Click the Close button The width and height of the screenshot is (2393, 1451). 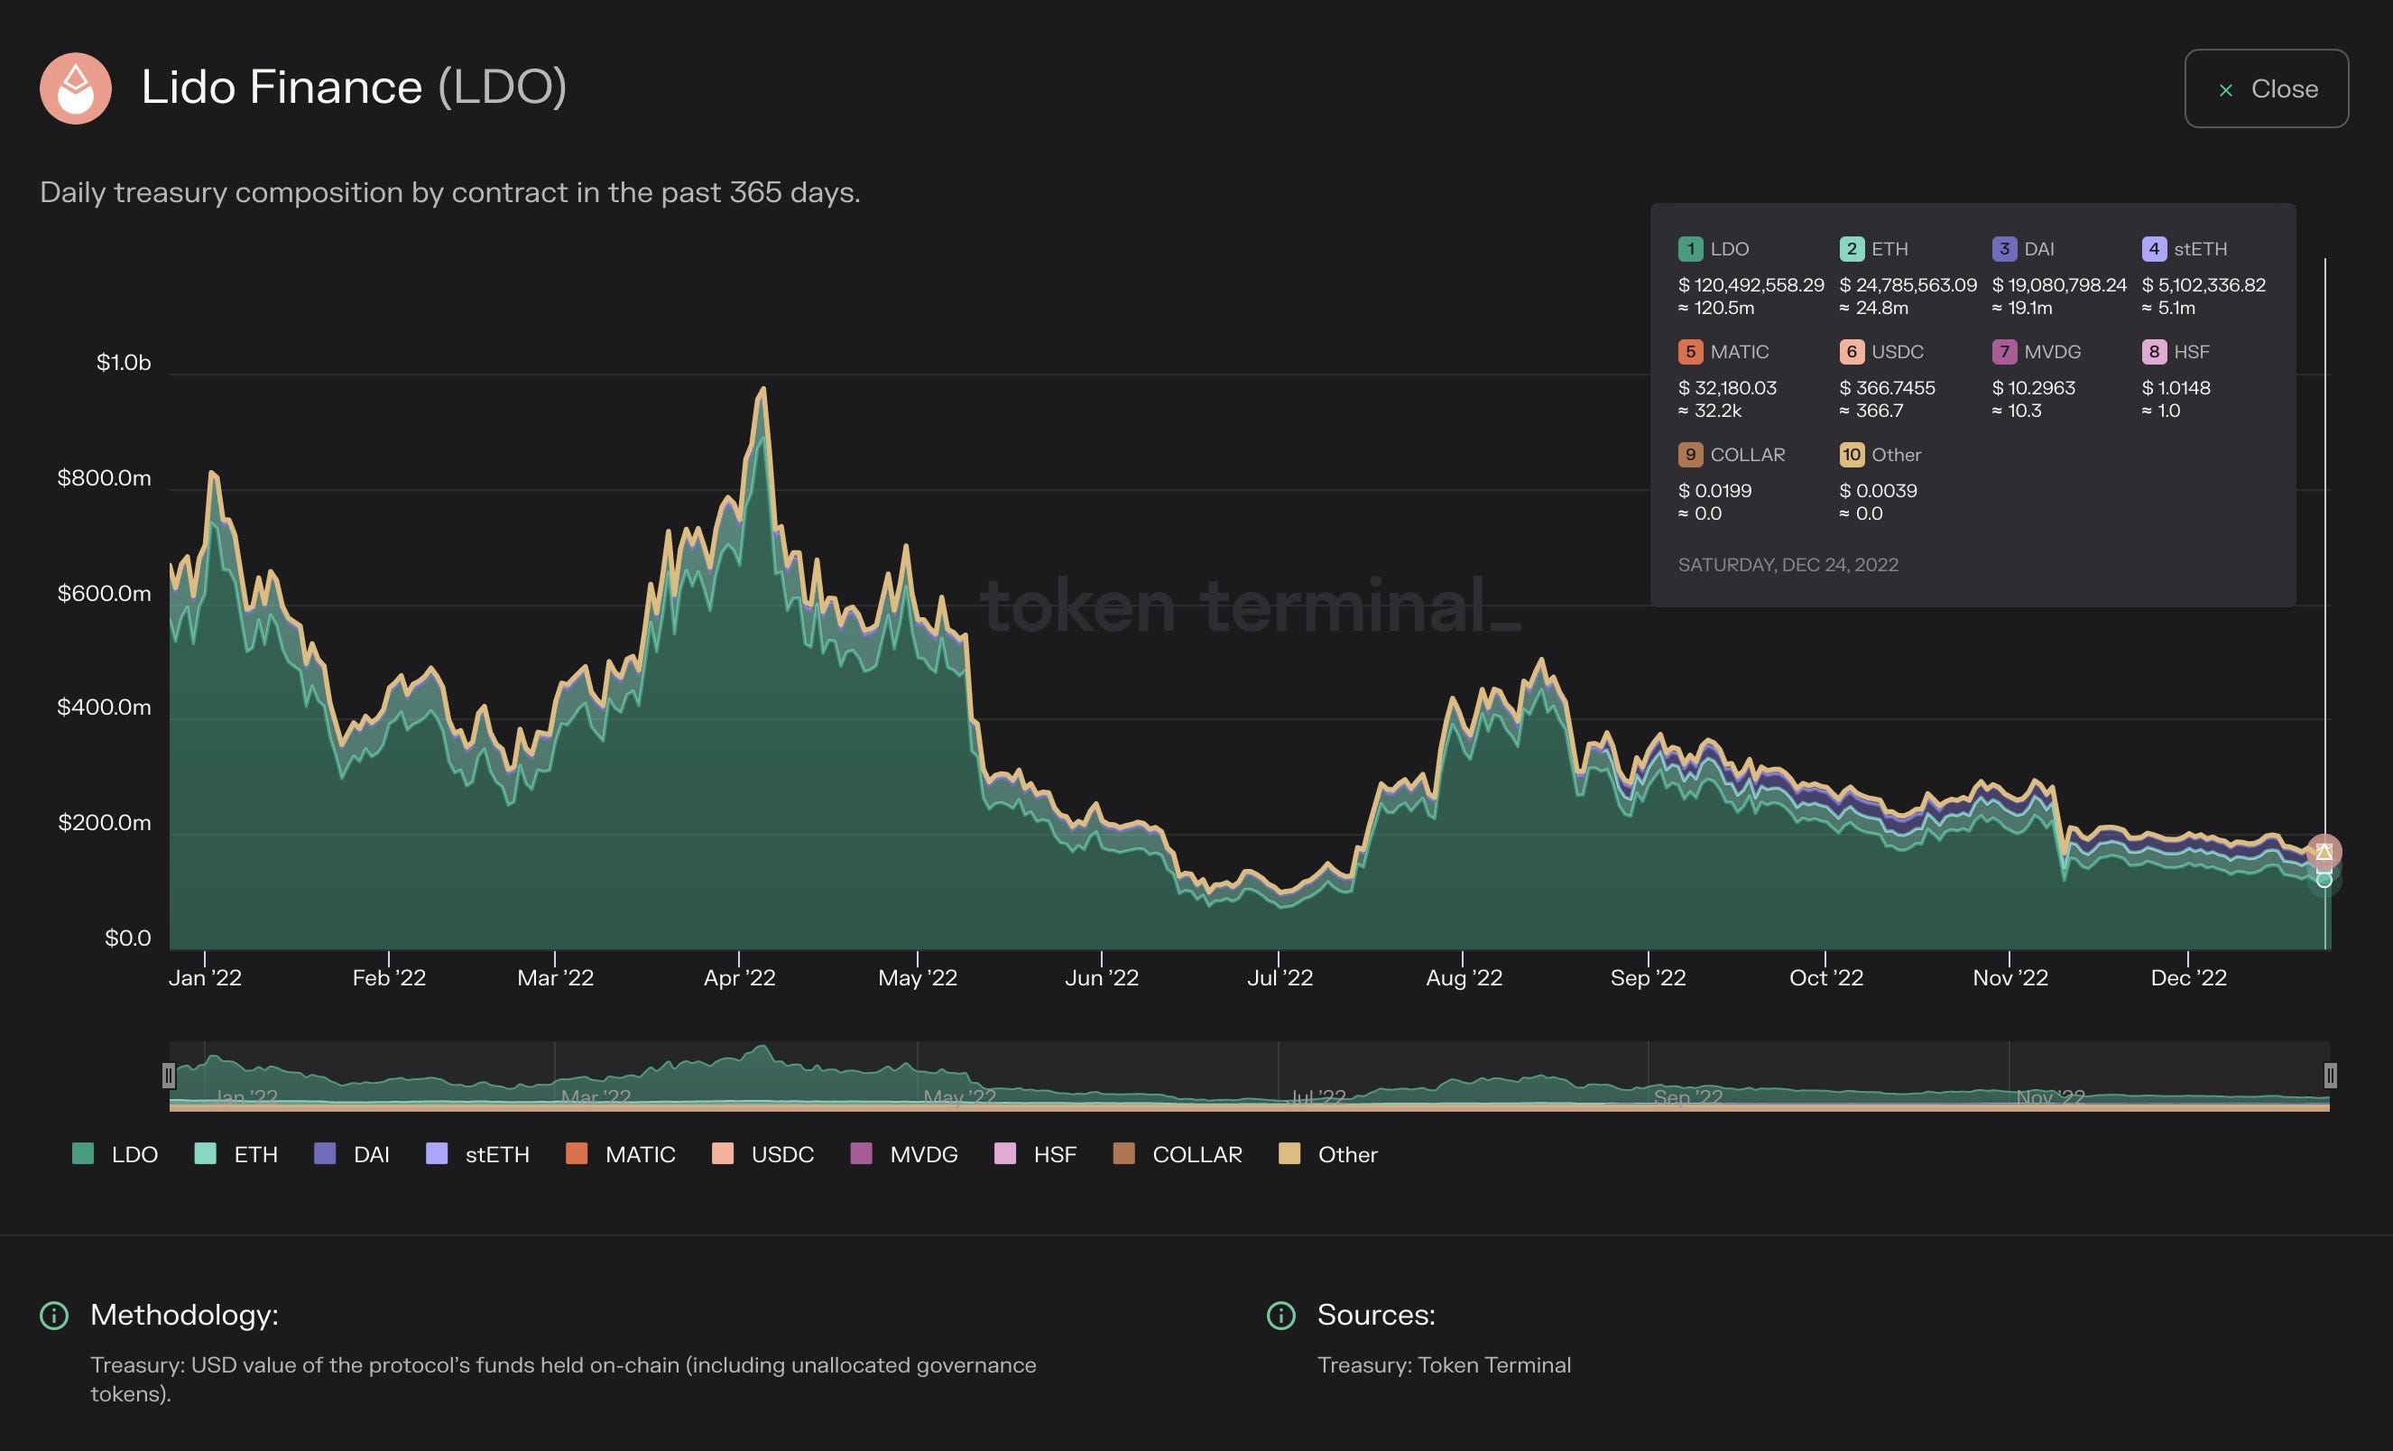2266,88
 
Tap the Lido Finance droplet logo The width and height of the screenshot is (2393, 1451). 76,88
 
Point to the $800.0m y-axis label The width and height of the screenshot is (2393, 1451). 104,478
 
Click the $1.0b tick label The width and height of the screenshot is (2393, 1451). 124,362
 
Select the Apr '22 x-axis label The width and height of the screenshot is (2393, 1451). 739,977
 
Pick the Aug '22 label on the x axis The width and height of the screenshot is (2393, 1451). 1464,977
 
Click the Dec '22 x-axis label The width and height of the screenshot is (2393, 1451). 2188,977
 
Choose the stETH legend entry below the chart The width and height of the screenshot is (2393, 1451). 479,1154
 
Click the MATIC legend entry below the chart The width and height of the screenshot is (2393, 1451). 622,1154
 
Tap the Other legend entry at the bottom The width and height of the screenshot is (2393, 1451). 1328,1154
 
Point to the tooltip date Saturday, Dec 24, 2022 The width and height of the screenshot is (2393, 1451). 1788,564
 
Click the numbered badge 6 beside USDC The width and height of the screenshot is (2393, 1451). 1851,352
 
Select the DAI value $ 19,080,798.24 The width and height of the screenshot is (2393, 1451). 2059,284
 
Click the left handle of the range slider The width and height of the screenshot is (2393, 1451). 169,1075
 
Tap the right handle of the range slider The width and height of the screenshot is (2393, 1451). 2330,1075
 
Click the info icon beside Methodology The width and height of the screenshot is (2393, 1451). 54,1315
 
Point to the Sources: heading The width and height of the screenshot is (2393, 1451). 1375,1314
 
